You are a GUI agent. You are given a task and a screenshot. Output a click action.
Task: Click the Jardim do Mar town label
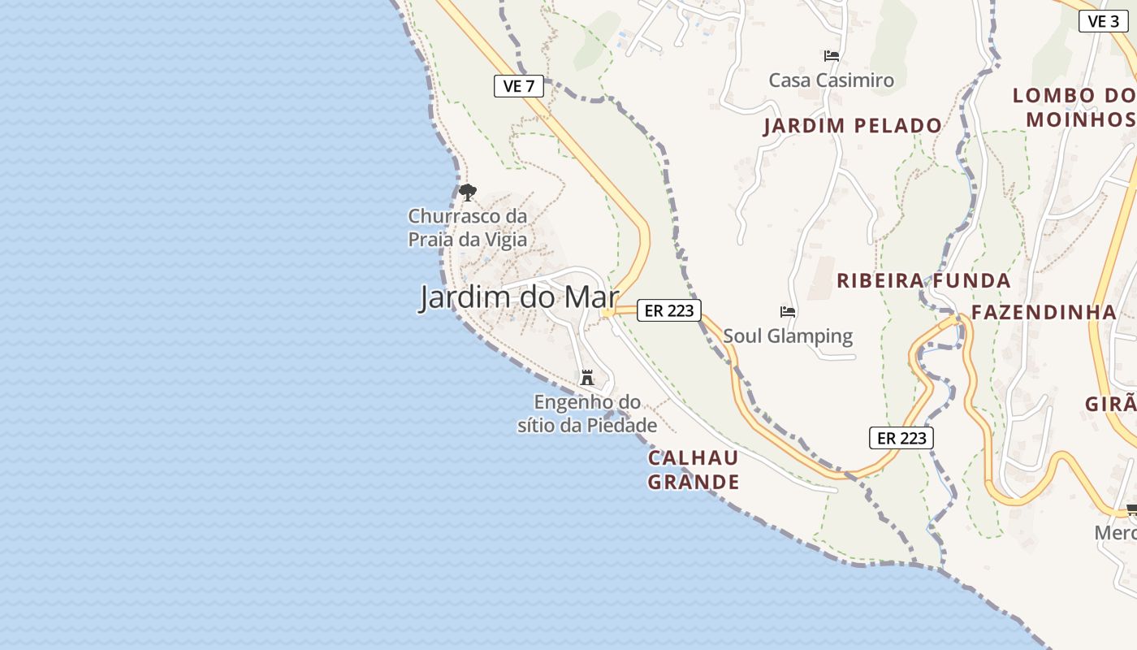(x=519, y=297)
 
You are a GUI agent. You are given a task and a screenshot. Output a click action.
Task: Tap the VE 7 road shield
(x=519, y=86)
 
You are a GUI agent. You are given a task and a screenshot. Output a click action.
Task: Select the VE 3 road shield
(x=1103, y=21)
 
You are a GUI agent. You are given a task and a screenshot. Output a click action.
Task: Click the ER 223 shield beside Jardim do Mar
(x=668, y=310)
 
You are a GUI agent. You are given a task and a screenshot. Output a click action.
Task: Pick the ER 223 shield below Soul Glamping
(x=901, y=438)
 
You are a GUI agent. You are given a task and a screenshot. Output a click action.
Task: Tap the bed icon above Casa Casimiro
(x=831, y=56)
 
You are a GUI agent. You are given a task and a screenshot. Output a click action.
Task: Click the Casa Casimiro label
(x=831, y=80)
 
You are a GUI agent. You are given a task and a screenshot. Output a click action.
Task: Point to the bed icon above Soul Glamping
(x=787, y=311)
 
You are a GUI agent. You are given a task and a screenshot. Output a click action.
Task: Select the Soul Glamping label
(x=788, y=336)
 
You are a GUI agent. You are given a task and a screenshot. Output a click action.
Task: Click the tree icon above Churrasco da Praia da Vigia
(x=467, y=193)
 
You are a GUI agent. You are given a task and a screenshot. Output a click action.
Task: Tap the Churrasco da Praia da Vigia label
(x=467, y=228)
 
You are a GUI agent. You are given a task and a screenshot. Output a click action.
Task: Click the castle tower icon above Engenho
(x=587, y=378)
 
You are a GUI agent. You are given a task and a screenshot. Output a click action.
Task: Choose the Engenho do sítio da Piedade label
(x=587, y=414)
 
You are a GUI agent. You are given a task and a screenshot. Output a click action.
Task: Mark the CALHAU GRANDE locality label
(x=694, y=470)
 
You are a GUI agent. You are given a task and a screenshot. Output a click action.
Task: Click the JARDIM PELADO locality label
(x=853, y=126)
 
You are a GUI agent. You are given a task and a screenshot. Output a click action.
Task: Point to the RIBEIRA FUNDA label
(x=923, y=281)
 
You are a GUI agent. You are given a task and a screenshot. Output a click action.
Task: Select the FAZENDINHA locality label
(x=1044, y=312)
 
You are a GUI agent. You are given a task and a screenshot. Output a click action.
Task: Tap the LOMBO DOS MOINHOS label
(x=1074, y=107)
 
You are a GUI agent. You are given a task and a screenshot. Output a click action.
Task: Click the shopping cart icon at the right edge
(x=1131, y=510)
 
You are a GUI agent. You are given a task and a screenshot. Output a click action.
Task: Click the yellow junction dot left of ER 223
(x=607, y=313)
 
